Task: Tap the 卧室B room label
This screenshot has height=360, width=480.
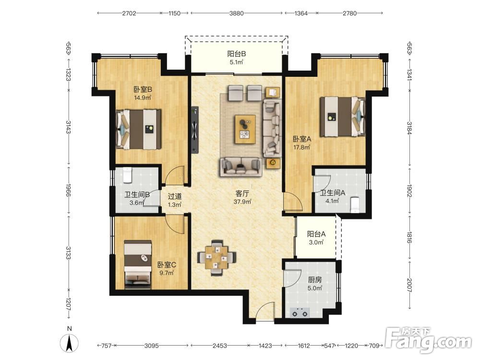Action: coord(143,89)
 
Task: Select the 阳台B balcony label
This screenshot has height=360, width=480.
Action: coord(237,54)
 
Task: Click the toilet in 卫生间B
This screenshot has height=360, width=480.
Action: coord(127,175)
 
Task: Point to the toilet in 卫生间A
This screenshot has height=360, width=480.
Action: coord(355,204)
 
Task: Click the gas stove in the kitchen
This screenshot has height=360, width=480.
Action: coord(300,312)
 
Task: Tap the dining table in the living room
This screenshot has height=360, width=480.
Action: coord(216,257)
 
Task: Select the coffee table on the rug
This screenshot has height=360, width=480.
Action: coord(245,129)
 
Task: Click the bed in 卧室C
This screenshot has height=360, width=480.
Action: coord(138,264)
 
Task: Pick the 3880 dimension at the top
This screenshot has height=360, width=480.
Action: coord(237,13)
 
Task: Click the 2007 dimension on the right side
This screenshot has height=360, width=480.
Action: coord(409,285)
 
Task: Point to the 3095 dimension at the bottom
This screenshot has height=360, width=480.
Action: coord(152,346)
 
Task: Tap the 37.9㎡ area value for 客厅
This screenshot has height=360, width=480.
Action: coord(242,202)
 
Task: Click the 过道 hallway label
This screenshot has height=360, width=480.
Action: coord(175,196)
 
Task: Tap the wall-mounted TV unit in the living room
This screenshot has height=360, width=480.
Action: coord(194,130)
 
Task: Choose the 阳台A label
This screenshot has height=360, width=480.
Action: coord(316,234)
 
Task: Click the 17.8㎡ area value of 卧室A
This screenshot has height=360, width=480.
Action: coord(302,147)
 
